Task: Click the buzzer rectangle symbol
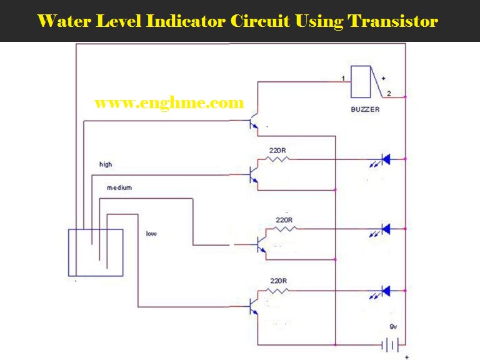pos(361,81)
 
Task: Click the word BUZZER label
pos(366,109)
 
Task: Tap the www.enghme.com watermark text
pos(169,103)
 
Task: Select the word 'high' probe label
pos(106,164)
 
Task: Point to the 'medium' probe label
pos(119,187)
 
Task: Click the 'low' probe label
pos(151,234)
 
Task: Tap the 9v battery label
pos(392,327)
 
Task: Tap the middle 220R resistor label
pos(284,219)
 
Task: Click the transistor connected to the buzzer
pos(254,122)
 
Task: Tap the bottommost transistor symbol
pos(254,306)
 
